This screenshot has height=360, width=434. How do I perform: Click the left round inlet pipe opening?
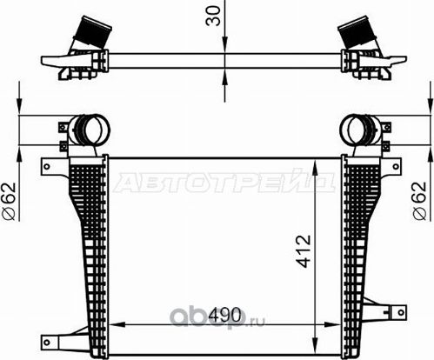pyautogui.click(x=90, y=131)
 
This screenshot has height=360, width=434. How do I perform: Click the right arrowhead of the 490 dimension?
pyautogui.click(x=337, y=323)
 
